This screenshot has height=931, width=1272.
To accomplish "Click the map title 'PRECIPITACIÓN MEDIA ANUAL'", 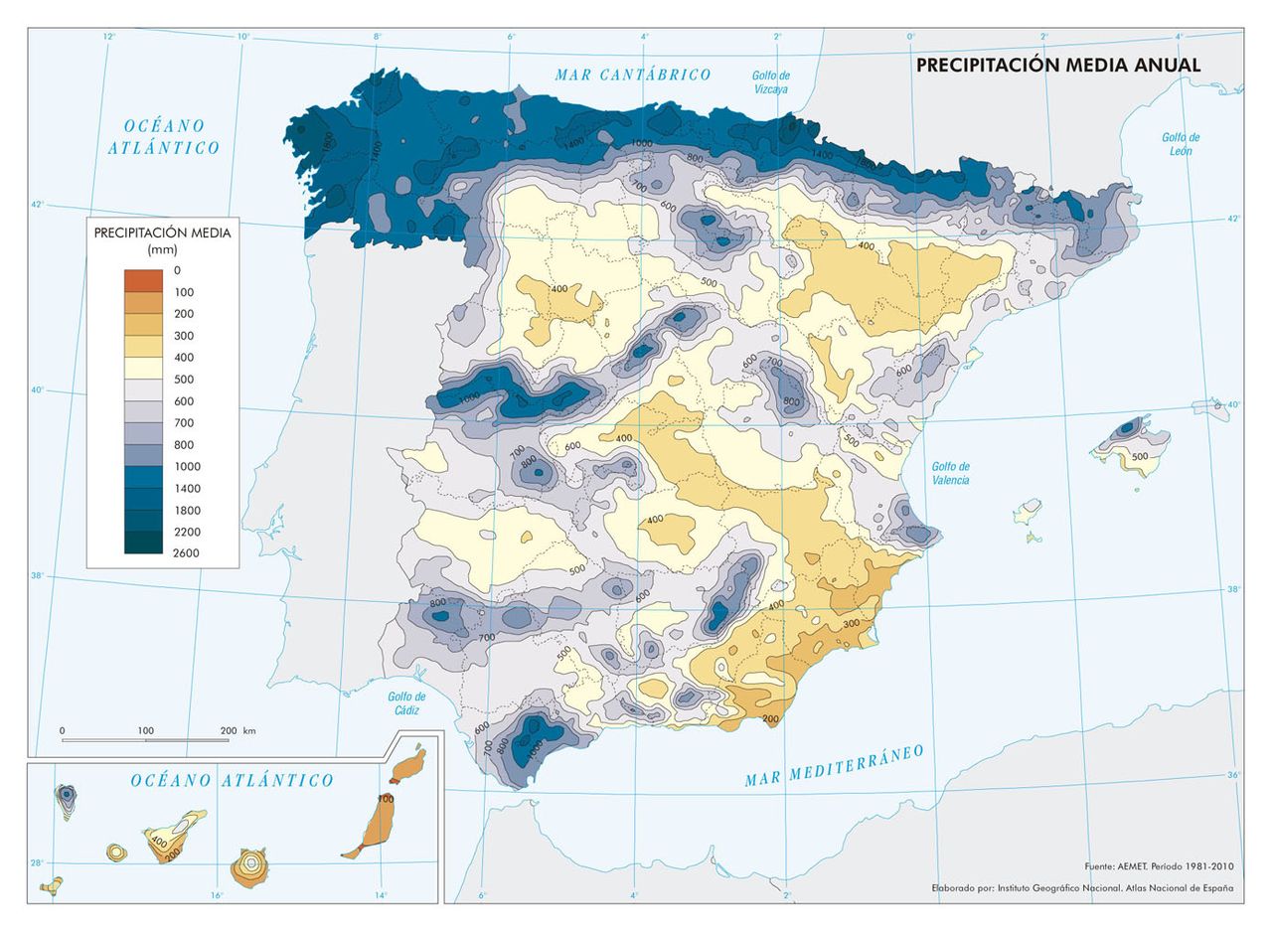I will pos(1058,66).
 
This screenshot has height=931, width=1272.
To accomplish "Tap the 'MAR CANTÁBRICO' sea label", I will pos(633,75).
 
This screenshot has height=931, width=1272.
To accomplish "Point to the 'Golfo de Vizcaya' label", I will pos(770,81).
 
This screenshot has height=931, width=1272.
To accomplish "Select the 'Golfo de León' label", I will pos(1181,144).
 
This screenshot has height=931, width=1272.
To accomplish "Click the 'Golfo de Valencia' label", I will pos(950,473).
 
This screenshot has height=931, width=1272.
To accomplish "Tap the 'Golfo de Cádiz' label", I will pos(405,703).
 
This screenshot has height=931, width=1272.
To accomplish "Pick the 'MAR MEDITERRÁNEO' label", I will pos(834,765).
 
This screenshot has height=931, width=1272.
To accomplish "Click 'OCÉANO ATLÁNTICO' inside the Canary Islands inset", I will pos(233,781).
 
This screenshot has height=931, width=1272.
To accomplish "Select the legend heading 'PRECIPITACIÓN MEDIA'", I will pos(162,233).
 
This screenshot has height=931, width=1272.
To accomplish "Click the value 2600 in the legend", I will pos(186,553).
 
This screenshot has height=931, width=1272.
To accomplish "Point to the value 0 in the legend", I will pos(177,270).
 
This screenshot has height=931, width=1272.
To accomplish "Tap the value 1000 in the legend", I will pos(186,466).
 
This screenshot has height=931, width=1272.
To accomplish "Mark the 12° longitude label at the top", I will pos(108,37).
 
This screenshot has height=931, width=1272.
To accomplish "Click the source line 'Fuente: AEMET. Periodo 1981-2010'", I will pos(1159,866).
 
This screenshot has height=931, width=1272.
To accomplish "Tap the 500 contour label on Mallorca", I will pos(1139,456).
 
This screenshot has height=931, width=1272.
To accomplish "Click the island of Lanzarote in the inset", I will pos(407,765).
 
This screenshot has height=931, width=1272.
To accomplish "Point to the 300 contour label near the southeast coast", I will pos(851,623).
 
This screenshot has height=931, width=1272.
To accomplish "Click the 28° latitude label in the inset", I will pos(36,862).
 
